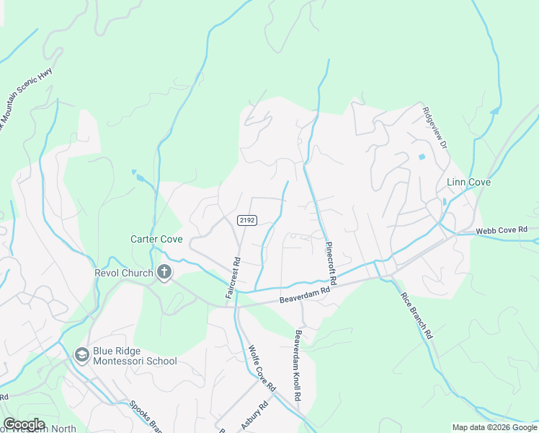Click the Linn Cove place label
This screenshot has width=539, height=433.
[x=468, y=183]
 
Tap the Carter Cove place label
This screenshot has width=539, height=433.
[x=156, y=239]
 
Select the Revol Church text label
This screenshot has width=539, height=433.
[x=124, y=273]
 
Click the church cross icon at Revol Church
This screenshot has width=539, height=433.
[x=164, y=273]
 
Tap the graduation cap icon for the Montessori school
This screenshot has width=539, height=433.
[x=81, y=354]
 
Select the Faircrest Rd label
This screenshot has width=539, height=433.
[x=231, y=278]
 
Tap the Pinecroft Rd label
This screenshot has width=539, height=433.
[x=332, y=262]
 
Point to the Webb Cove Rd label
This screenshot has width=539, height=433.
[x=502, y=230]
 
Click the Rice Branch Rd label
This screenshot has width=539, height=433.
[x=416, y=310]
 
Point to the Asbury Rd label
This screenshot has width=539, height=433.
[x=254, y=416]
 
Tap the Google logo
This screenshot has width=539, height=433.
[x=23, y=424]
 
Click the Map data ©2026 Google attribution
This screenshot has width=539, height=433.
[x=494, y=427]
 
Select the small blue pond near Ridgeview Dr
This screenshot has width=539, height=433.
[x=422, y=157]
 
